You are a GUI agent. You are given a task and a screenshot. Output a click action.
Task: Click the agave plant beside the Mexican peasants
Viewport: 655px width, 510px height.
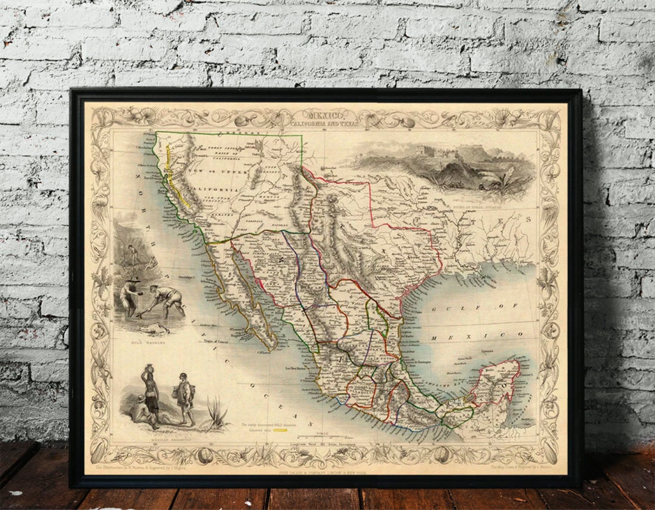(216, 412)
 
